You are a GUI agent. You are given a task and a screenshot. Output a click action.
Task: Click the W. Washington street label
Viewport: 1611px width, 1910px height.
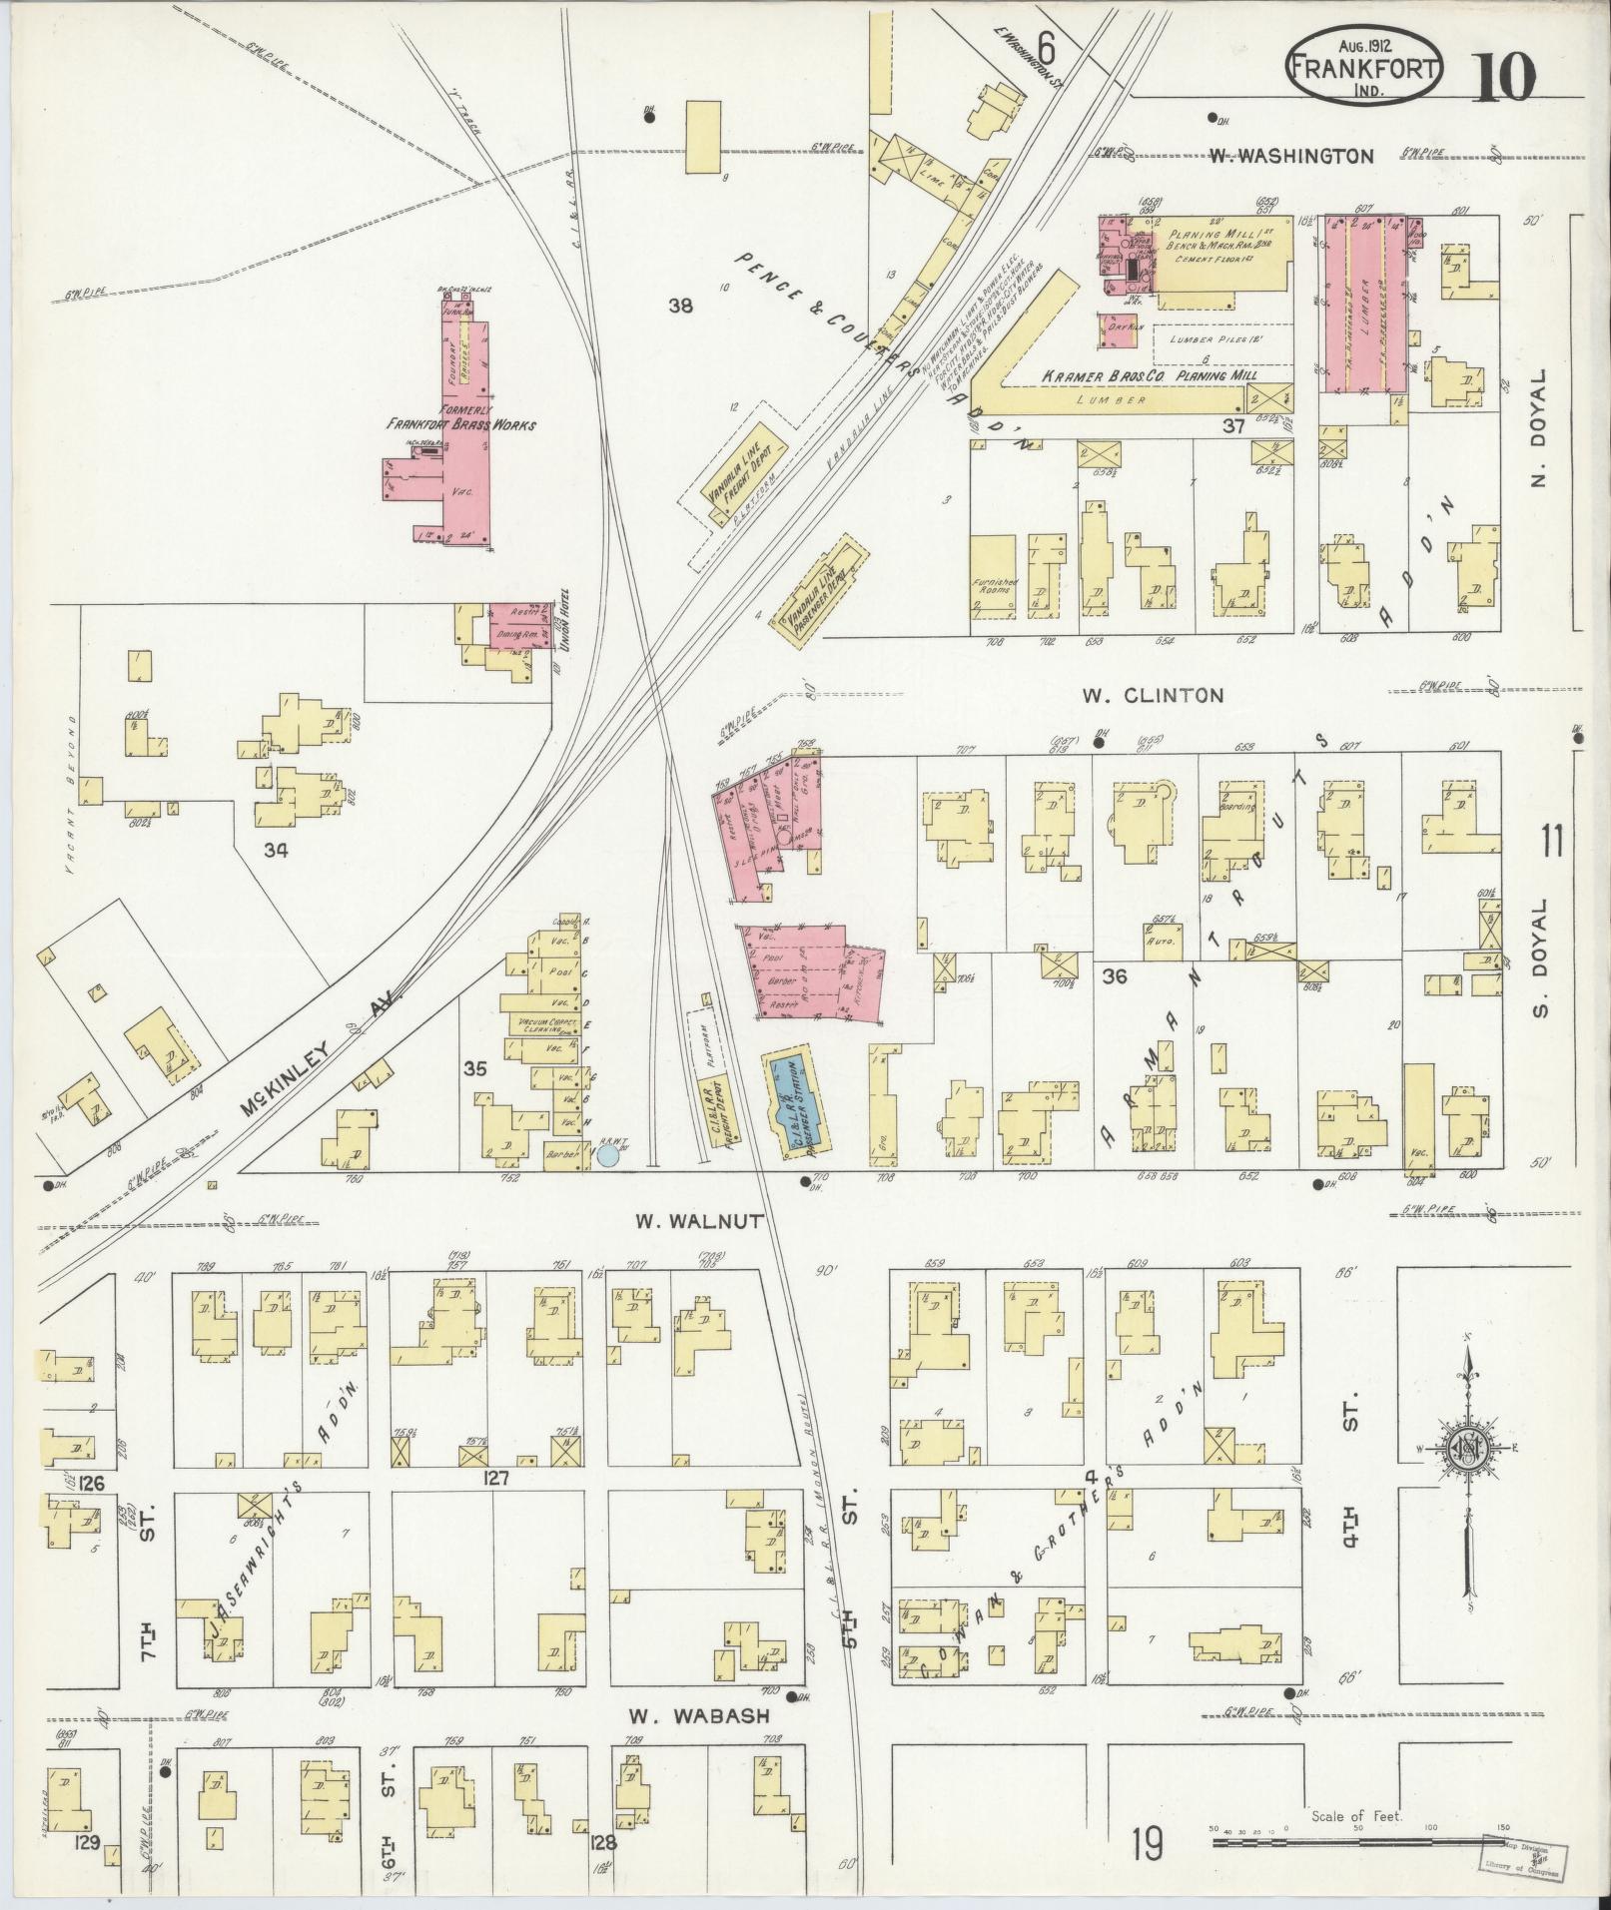click(1291, 156)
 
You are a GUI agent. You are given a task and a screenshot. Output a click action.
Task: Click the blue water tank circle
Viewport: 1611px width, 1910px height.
click(607, 1156)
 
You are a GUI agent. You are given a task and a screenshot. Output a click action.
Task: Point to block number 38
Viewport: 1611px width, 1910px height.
click(681, 307)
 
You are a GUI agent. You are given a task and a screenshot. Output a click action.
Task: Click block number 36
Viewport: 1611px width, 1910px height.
click(1114, 975)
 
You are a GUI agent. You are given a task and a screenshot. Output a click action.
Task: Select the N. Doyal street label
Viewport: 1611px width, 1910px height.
click(1538, 429)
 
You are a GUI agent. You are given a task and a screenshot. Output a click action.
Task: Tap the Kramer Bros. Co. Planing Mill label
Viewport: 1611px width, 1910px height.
click(1147, 376)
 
